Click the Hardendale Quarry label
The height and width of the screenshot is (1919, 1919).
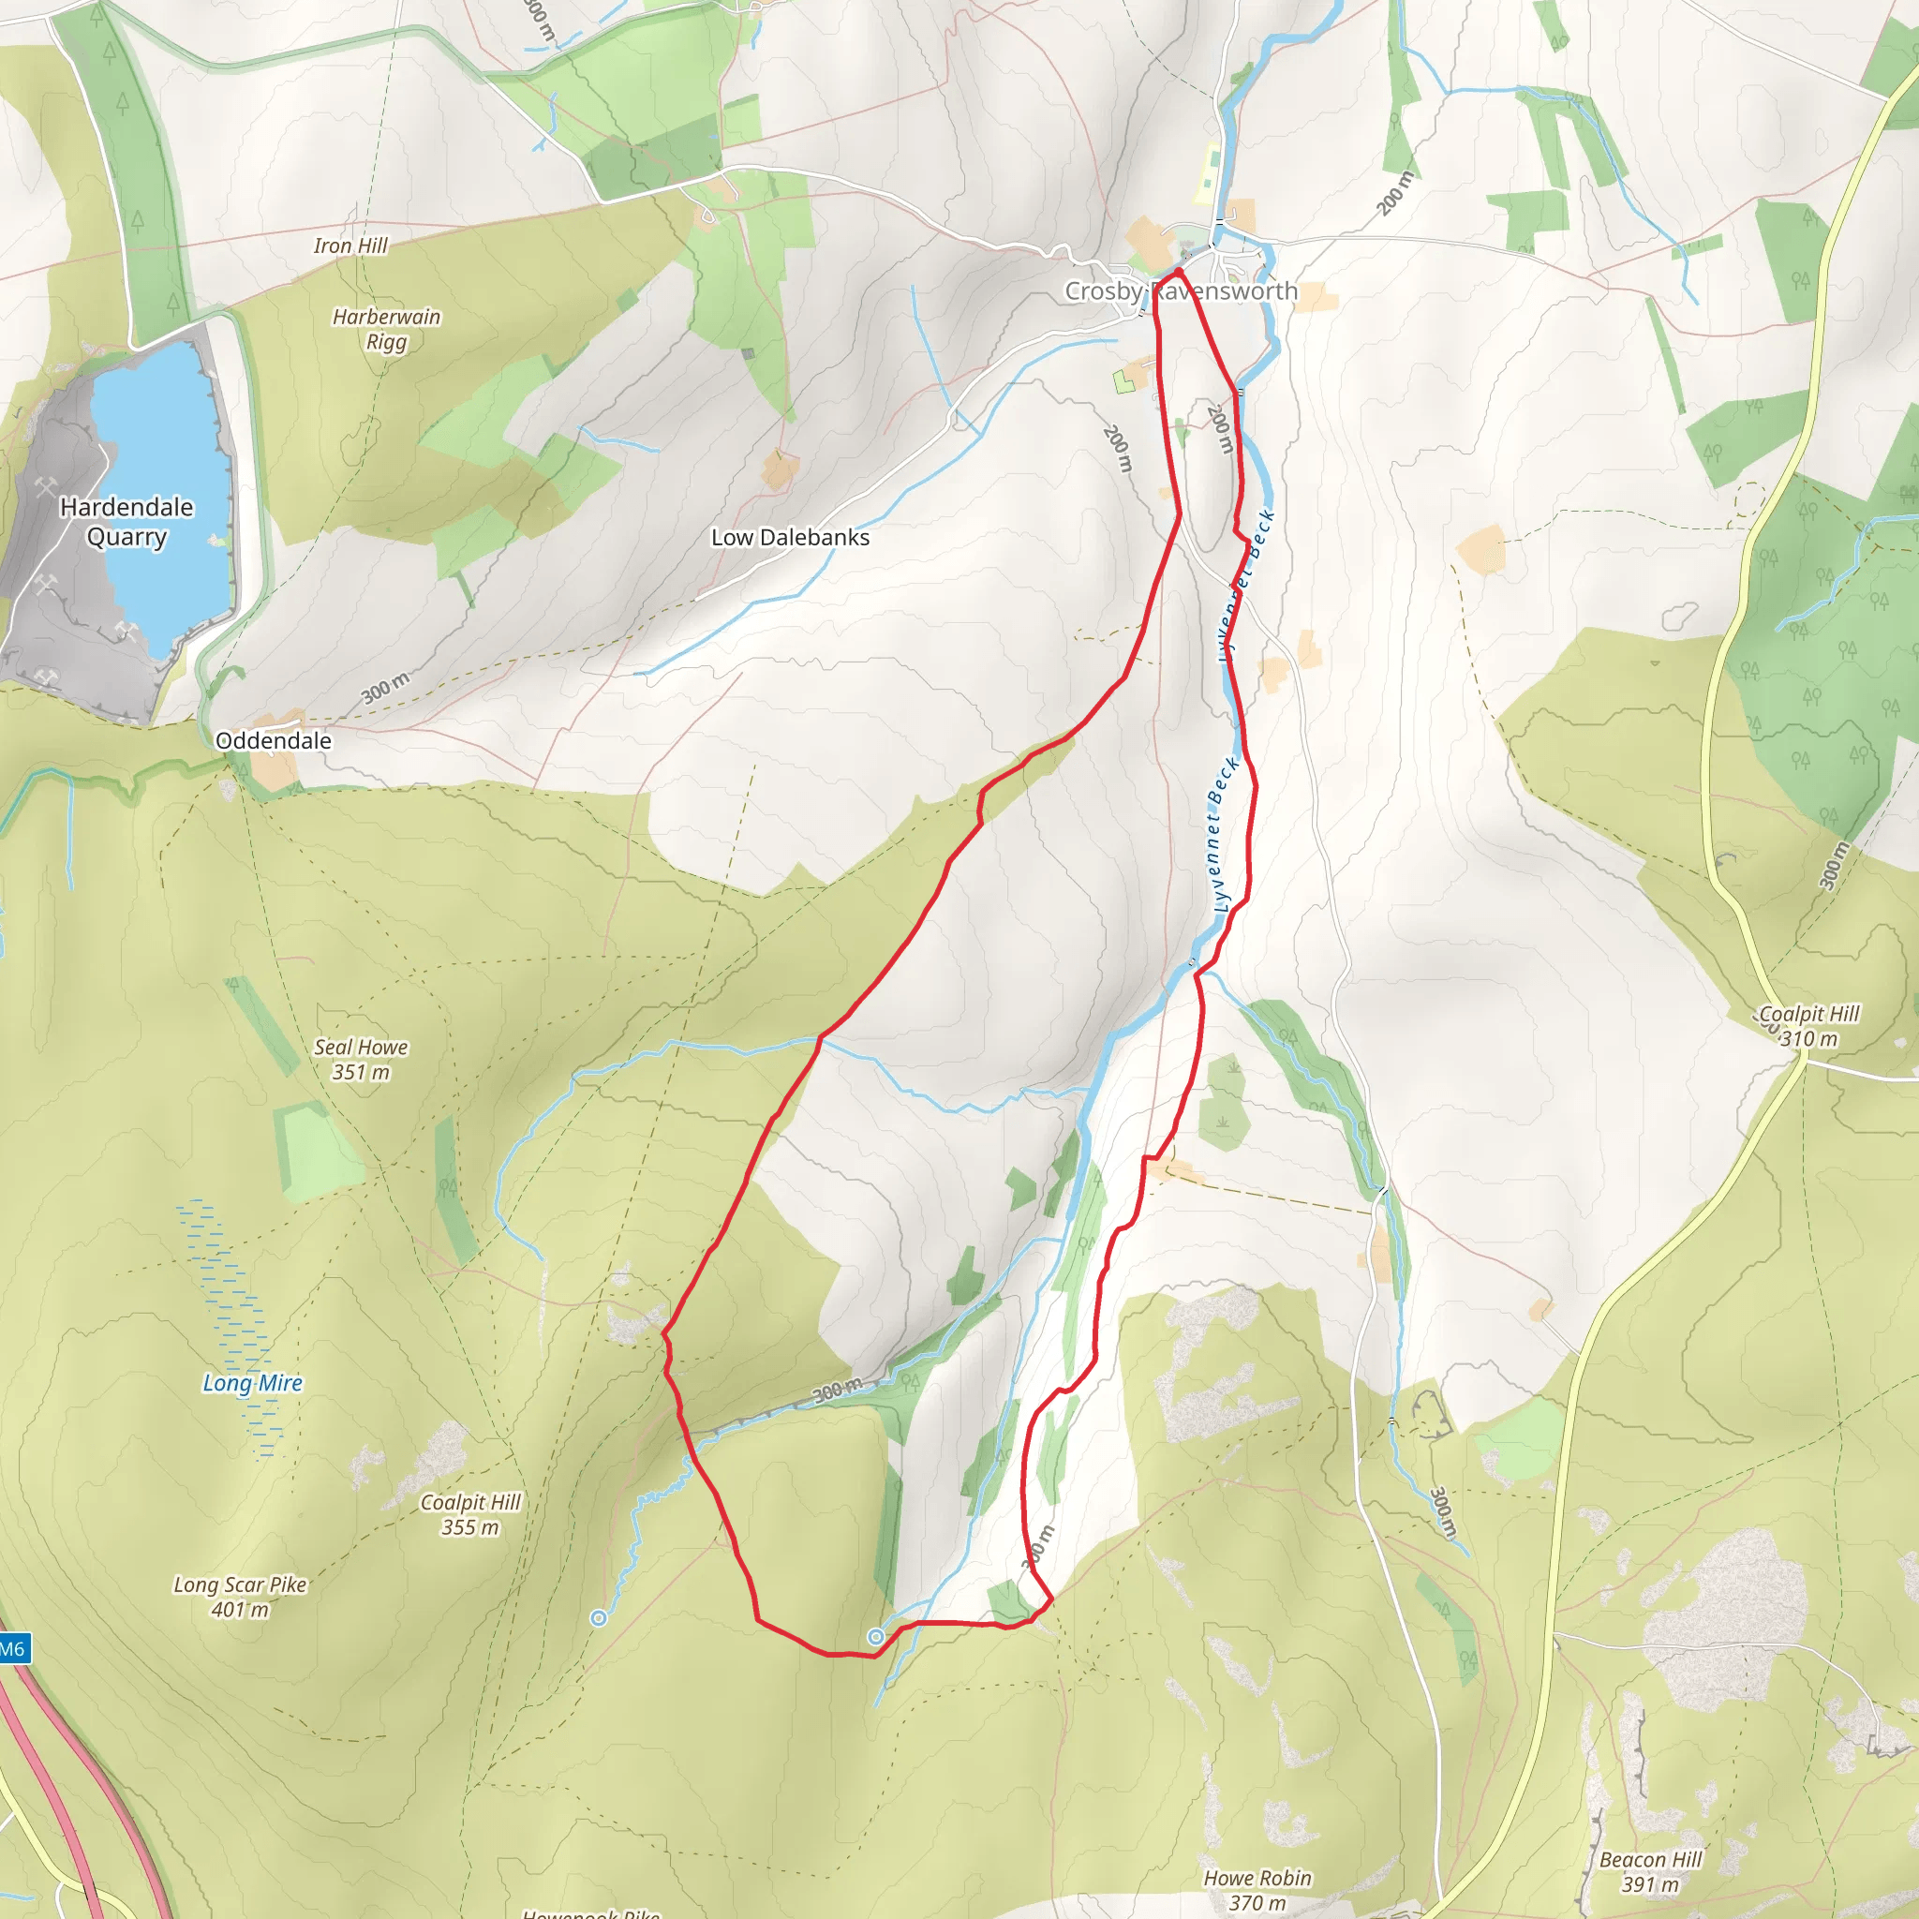tap(126, 522)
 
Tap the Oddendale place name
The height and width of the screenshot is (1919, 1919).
tap(274, 741)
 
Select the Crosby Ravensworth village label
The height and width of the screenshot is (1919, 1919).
tap(1181, 291)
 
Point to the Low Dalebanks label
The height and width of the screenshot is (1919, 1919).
tap(790, 537)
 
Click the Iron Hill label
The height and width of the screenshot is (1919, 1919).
tap(350, 245)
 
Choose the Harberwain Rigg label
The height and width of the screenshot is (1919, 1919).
tap(386, 329)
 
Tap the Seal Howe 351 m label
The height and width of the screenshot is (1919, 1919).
tap(361, 1059)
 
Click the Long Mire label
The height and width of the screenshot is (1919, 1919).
tap(252, 1383)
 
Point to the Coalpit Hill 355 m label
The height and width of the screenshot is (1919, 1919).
tap(469, 1515)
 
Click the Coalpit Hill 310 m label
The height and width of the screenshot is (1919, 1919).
tap(1807, 1026)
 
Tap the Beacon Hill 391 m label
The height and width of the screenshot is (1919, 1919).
tap(1650, 1871)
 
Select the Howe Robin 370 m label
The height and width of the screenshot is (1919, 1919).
tap(1257, 1890)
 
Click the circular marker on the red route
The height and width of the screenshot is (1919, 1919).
tap(875, 1637)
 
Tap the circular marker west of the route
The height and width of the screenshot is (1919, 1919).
tap(598, 1618)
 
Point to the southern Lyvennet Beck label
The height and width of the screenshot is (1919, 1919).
tap(1224, 834)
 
